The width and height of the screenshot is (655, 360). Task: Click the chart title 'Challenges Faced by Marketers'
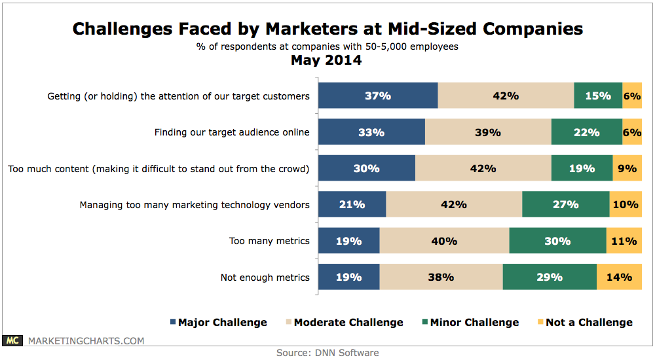(327, 29)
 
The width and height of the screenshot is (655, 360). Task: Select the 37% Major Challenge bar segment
(378, 96)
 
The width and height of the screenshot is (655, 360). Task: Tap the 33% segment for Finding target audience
(371, 132)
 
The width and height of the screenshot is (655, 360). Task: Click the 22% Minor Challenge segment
(586, 132)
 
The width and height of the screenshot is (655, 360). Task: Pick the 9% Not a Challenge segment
(627, 168)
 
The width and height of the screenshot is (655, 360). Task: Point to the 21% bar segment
(352, 204)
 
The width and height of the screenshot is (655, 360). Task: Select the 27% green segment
(565, 204)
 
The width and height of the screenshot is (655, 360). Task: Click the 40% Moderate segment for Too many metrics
(444, 241)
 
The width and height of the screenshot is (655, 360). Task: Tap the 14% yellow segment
(619, 277)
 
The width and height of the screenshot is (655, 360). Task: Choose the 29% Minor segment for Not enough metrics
(550, 277)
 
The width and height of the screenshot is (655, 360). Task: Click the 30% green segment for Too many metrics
(557, 241)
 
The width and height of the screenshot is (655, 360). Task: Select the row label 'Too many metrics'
(269, 241)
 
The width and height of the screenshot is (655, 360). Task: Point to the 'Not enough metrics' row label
(265, 278)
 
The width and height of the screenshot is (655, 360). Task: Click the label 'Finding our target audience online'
(232, 132)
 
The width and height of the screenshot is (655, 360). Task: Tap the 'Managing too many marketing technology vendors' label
(195, 205)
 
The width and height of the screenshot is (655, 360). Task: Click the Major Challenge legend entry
(218, 322)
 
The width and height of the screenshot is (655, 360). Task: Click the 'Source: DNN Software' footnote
(327, 353)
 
